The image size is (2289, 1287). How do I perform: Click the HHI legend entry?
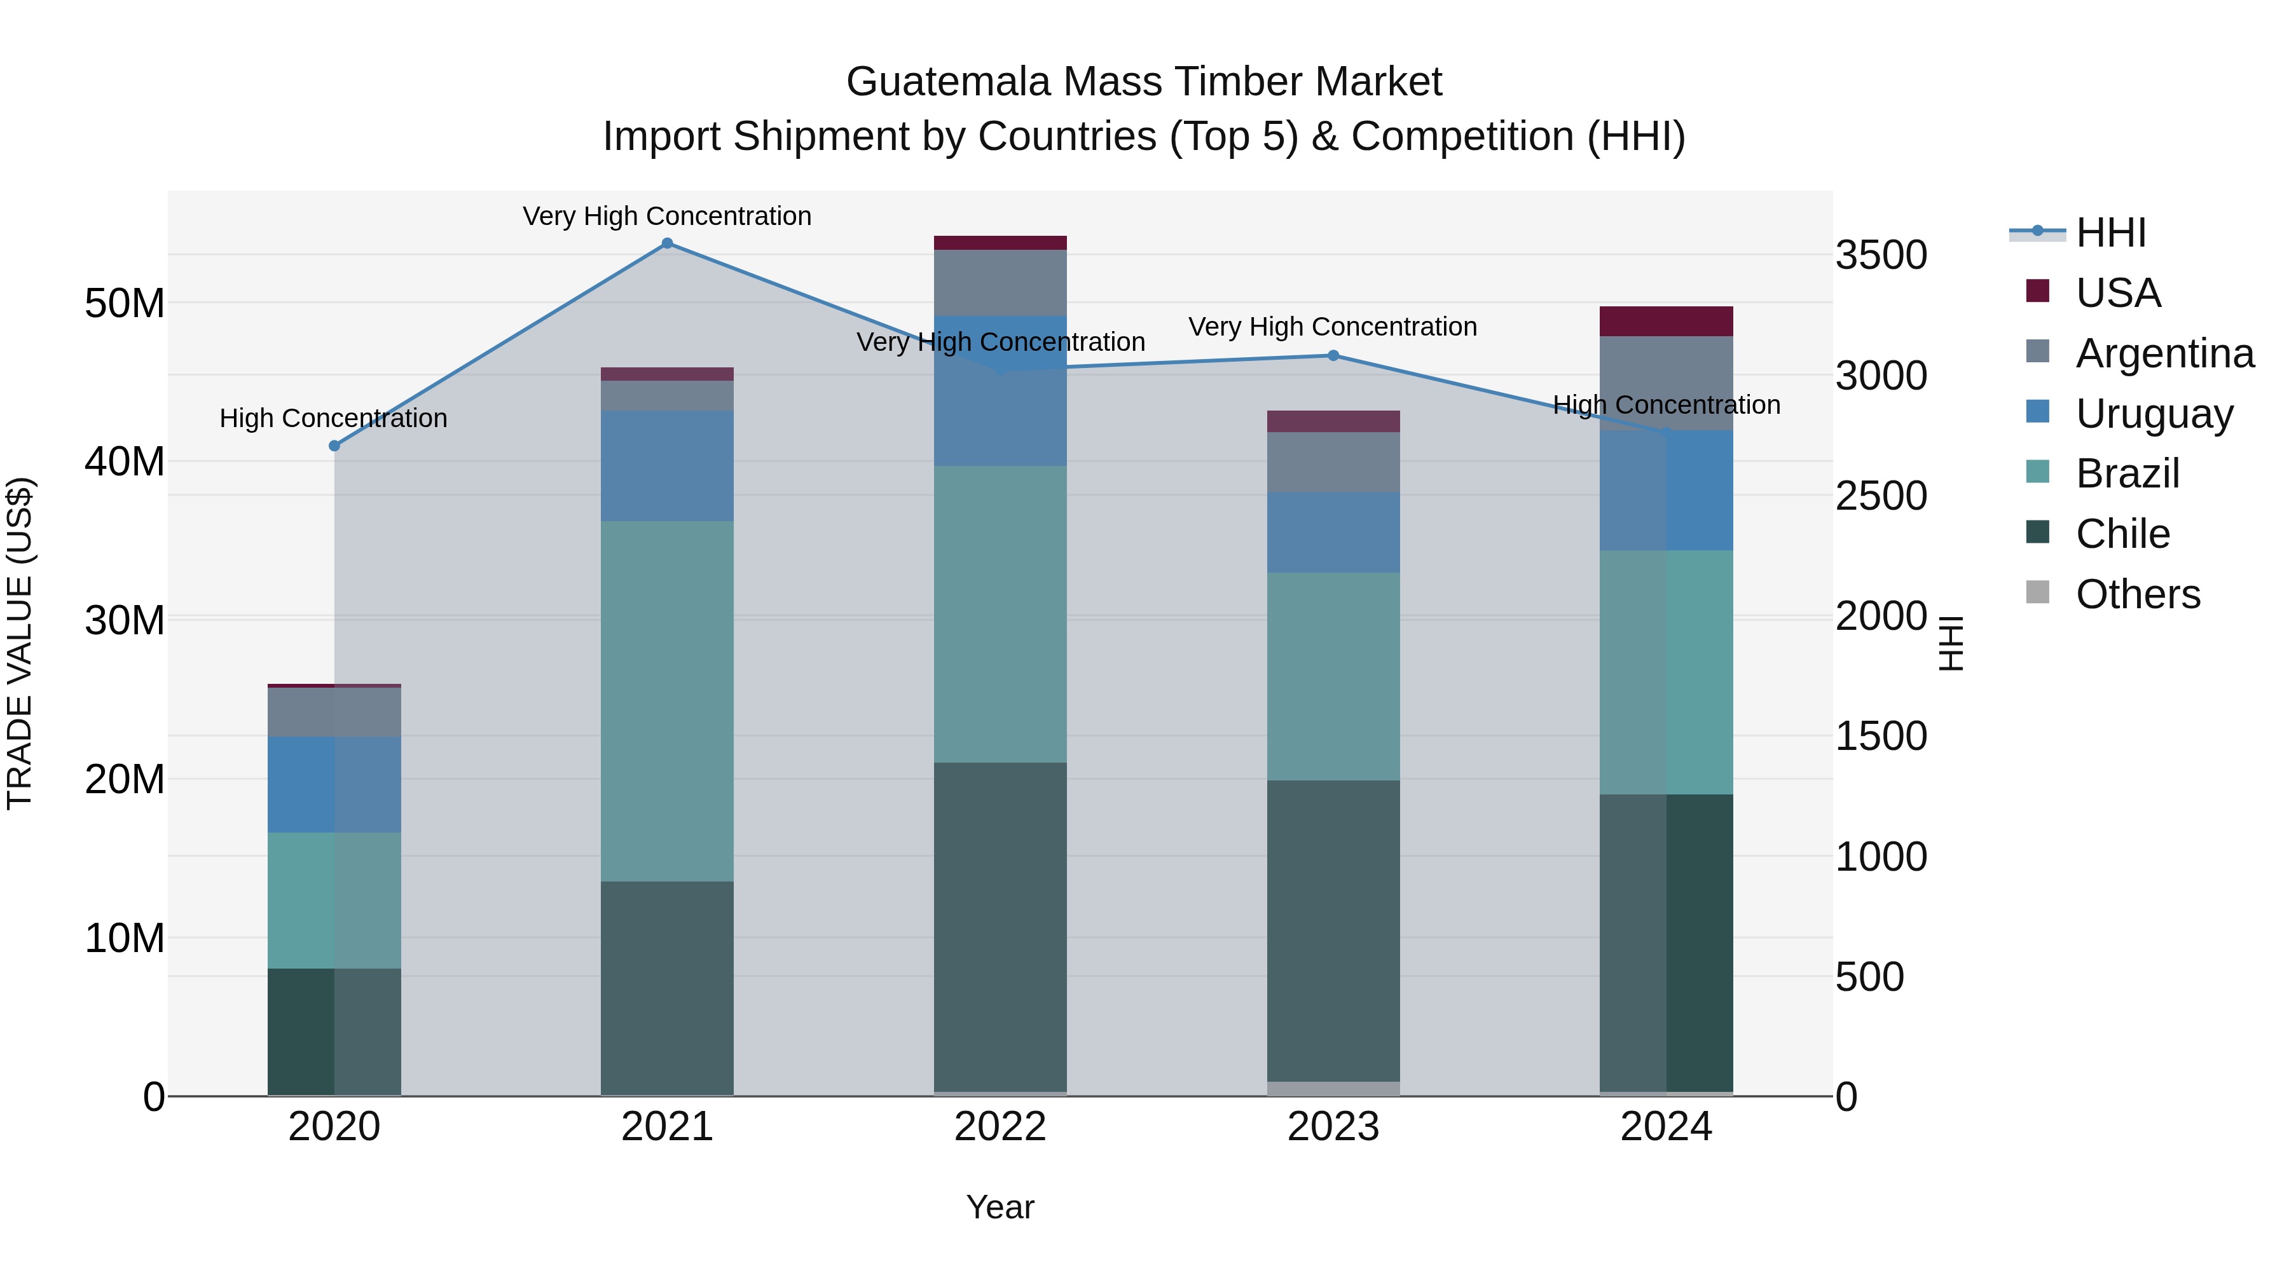point(2110,233)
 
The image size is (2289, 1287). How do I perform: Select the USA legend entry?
point(2117,292)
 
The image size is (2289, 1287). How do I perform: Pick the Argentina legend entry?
point(2164,353)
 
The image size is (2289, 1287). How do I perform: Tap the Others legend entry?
point(2137,594)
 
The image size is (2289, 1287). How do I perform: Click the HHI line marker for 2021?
point(668,243)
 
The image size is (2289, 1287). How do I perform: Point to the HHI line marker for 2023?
point(1333,355)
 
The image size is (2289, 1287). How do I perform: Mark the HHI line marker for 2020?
point(334,446)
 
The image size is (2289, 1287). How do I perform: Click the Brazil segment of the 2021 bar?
point(668,701)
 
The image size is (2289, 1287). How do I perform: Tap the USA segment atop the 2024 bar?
point(1666,321)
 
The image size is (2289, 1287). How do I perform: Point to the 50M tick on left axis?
point(125,304)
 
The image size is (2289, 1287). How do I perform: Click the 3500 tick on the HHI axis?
point(1881,255)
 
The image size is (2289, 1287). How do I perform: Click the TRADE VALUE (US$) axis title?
point(20,643)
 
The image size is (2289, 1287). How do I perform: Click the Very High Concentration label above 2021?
point(668,216)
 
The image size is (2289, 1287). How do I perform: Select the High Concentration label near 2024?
point(1666,404)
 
